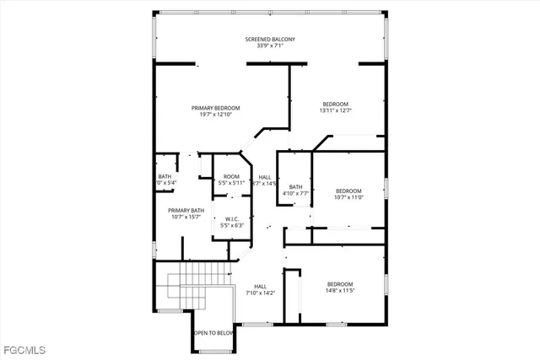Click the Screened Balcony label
[270, 40]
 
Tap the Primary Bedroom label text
[215, 108]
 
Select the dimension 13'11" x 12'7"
[334, 110]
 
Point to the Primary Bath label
[186, 210]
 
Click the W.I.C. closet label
[231, 219]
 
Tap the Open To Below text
[213, 333]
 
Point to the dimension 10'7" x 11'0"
[348, 196]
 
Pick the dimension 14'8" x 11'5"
[340, 290]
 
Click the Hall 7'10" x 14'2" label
[261, 290]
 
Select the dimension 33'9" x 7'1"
[270, 46]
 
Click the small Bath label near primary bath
[164, 176]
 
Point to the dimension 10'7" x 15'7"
[186, 217]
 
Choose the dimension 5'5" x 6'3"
[231, 226]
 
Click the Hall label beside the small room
[264, 176]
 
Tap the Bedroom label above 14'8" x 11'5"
[340, 283]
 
